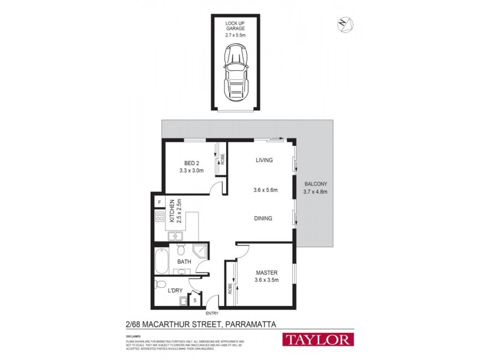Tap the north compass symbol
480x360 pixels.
[345, 25]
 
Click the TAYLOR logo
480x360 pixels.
[318, 340]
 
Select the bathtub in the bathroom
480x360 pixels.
[161, 260]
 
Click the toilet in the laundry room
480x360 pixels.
[160, 284]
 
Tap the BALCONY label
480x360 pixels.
[315, 184]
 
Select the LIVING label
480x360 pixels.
[264, 160]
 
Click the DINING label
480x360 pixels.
[262, 218]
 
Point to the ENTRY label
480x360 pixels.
[212, 314]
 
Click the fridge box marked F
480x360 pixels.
[160, 202]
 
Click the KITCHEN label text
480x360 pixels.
[171, 211]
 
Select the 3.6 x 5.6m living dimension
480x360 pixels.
[265, 190]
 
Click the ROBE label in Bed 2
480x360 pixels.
[222, 159]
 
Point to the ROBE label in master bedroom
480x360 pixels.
[230, 287]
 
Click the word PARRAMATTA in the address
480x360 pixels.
[250, 325]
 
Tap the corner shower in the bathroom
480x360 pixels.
[200, 251]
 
